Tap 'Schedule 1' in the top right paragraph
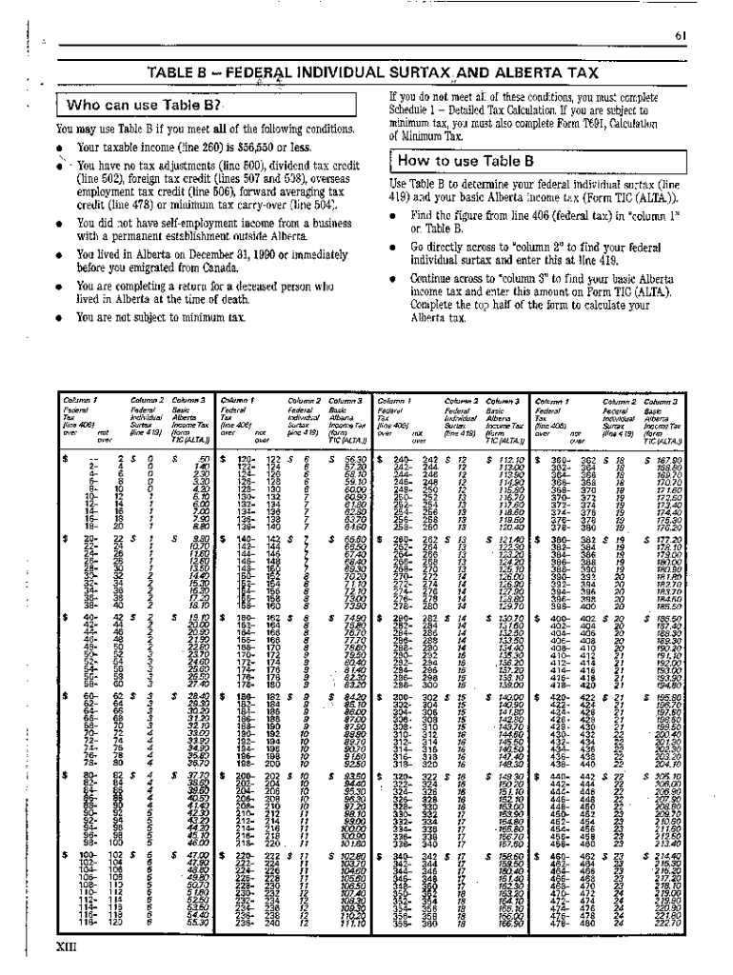419,109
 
